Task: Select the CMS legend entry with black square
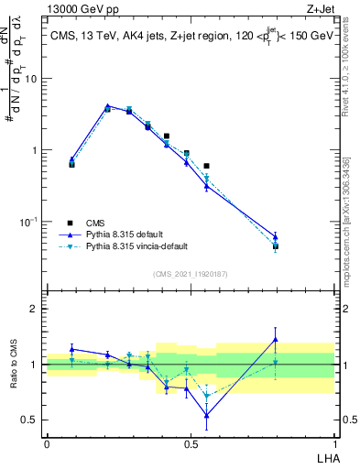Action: click(96, 223)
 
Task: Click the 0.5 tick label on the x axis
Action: click(191, 443)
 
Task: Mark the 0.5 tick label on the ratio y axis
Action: click(33, 420)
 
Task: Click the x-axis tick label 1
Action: click(334, 443)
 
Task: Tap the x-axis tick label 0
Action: click(47, 443)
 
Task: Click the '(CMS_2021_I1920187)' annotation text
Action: click(191, 273)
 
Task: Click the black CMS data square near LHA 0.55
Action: click(207, 166)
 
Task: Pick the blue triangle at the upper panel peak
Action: click(108, 107)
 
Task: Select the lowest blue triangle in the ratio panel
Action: click(207, 415)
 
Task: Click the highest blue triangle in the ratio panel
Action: click(276, 340)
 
